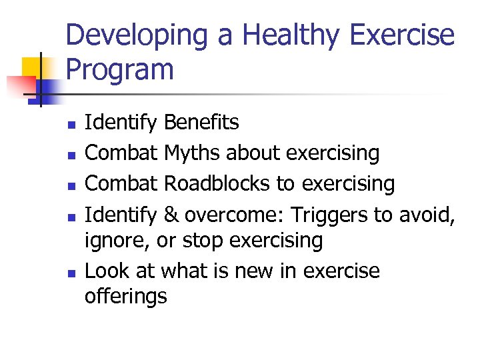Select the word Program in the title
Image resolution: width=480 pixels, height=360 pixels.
[120, 70]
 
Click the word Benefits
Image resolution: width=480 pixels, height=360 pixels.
[201, 123]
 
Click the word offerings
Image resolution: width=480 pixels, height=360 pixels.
[125, 296]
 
